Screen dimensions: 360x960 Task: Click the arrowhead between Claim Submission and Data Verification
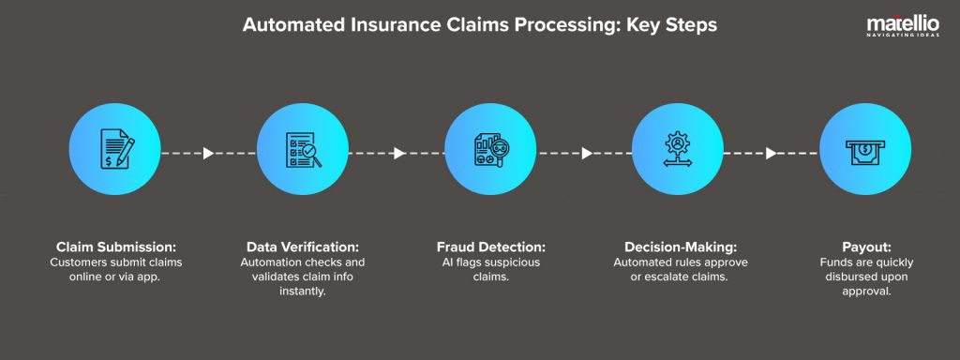(x=209, y=153)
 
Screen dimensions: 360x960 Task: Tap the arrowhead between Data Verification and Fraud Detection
(x=399, y=153)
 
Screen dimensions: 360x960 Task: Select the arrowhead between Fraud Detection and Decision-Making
(x=587, y=153)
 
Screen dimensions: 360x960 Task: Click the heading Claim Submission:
(x=115, y=247)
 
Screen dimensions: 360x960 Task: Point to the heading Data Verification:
(x=303, y=247)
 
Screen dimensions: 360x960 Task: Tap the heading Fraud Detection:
(x=490, y=247)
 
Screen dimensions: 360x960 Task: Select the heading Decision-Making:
(x=678, y=247)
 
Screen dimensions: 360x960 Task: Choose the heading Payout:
(x=865, y=247)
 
